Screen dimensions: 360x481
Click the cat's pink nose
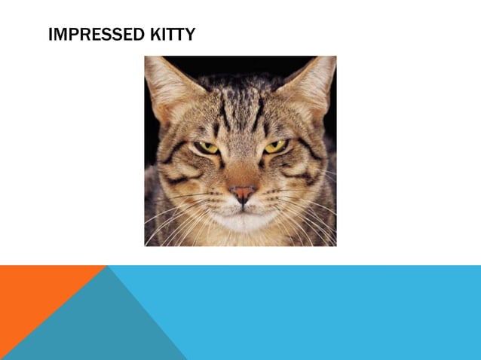pyautogui.click(x=242, y=194)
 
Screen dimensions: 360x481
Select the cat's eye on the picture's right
pyautogui.click(x=274, y=145)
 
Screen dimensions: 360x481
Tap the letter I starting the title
pyautogui.click(x=50, y=35)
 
